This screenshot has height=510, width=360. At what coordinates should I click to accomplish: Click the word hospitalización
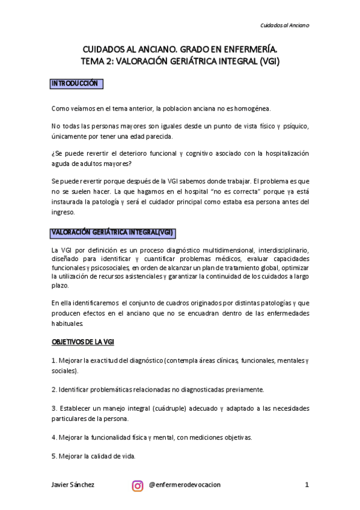click(x=280, y=153)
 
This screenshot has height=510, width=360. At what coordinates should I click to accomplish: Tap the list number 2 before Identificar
click(x=54, y=390)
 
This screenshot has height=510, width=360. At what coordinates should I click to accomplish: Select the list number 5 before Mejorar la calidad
click(x=53, y=456)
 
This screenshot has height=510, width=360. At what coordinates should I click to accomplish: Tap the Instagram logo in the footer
click(x=138, y=485)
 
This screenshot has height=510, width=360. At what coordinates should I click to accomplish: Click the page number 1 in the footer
click(x=307, y=485)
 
